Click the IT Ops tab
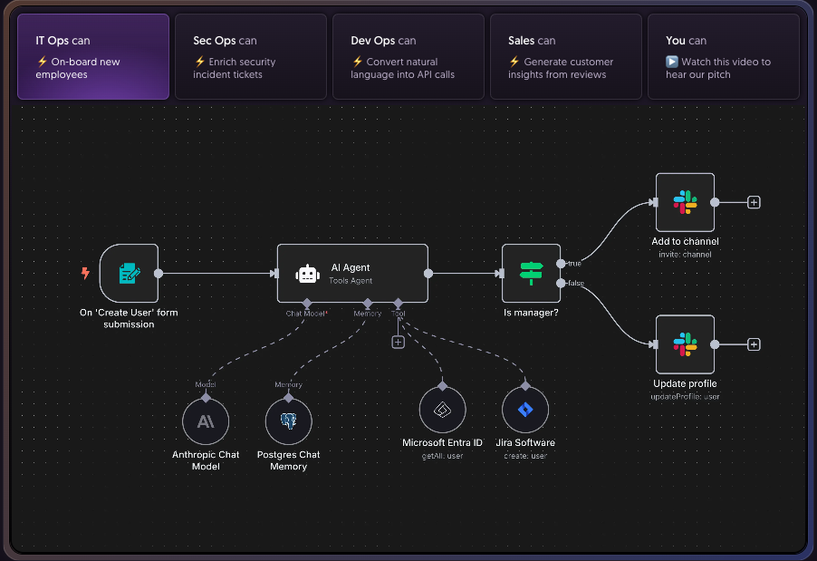pos(93,56)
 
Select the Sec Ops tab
pos(250,56)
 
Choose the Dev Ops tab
pos(408,56)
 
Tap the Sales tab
pos(565,56)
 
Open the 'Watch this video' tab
pos(723,56)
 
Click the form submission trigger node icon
pos(130,273)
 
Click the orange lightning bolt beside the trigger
pos(85,273)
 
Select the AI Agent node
pos(352,273)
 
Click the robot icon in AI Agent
pos(308,274)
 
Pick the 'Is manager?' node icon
pos(531,273)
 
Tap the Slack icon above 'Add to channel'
pos(685,202)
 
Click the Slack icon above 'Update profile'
pos(685,344)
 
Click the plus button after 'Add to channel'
pos(754,202)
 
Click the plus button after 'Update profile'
pos(754,344)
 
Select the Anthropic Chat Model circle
pos(206,421)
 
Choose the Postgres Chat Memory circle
pos(289,421)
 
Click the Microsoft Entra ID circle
pos(442,411)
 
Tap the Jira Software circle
pos(525,411)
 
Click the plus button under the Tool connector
pos(398,342)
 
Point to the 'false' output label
pos(575,284)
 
